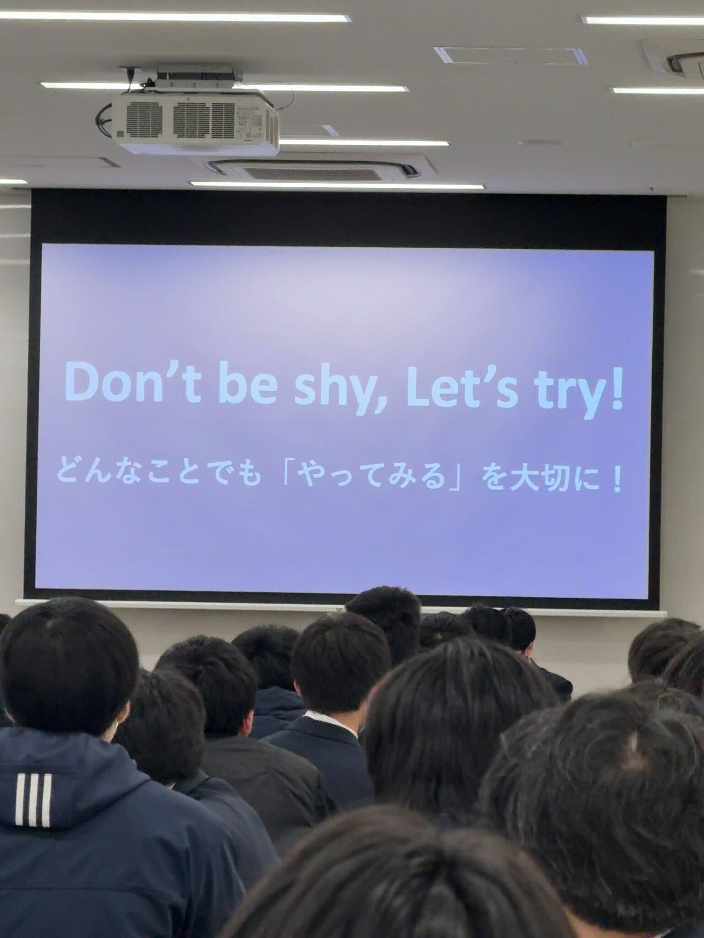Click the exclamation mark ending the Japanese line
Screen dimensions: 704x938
[x=615, y=478]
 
